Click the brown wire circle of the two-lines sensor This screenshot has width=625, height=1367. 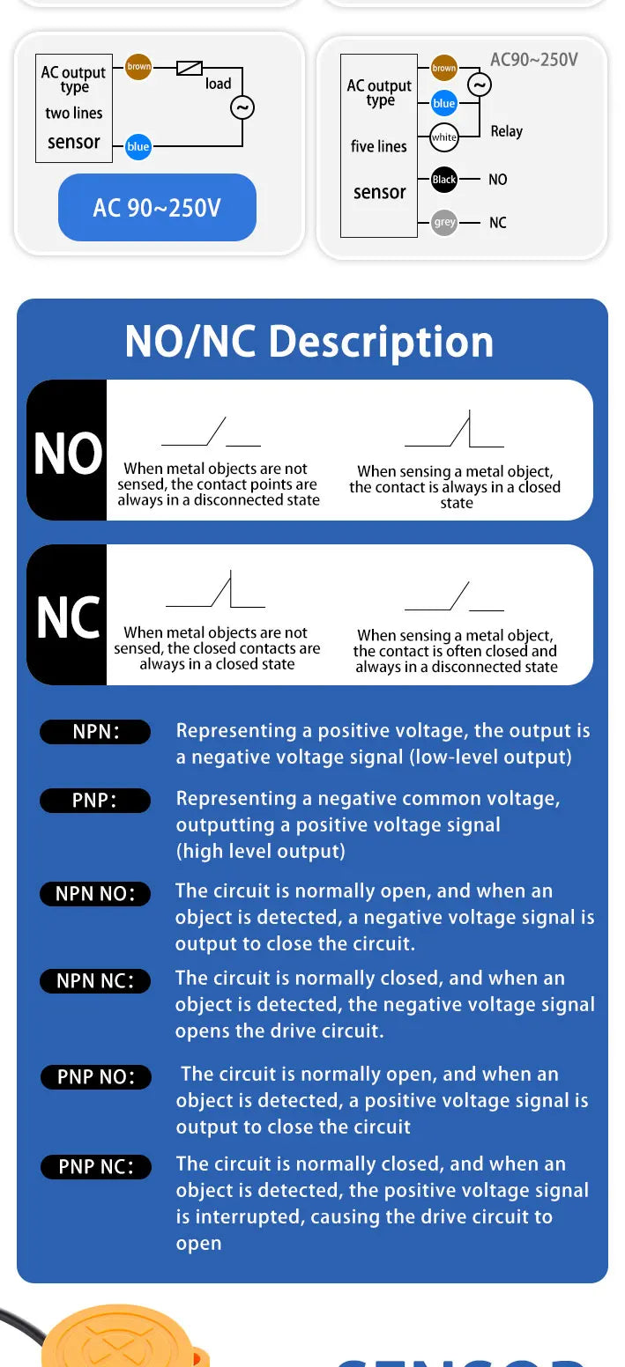[138, 66]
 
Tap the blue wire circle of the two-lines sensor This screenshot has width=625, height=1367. [138, 146]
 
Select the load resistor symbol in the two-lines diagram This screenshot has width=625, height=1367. [190, 68]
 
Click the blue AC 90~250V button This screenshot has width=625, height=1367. [157, 208]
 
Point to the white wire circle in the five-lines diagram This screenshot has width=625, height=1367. [444, 137]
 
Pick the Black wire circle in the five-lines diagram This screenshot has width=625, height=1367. [444, 180]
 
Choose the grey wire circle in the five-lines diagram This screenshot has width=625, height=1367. [444, 222]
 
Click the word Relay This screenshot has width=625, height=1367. [507, 131]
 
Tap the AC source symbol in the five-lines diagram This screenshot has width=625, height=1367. [480, 85]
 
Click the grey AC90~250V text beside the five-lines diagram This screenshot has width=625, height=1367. [534, 60]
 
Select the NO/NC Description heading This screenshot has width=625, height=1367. [309, 341]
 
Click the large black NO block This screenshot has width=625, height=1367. [67, 450]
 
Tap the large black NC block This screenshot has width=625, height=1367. [67, 615]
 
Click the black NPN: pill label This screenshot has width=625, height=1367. [95, 732]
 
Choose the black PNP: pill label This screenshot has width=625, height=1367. [95, 800]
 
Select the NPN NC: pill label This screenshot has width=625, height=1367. [95, 980]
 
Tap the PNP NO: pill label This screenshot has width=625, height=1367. [96, 1077]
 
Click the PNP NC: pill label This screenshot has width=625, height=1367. [96, 1167]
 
